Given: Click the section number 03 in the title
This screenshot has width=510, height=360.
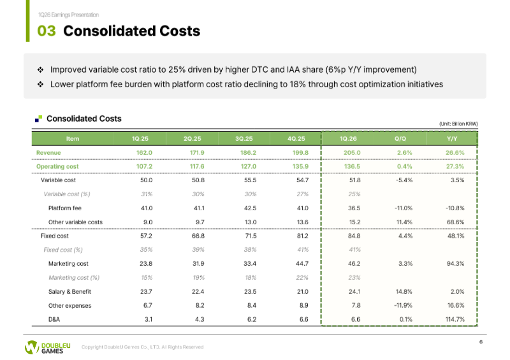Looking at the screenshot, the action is tap(46, 31).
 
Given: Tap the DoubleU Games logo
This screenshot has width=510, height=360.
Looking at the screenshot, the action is tap(47, 347).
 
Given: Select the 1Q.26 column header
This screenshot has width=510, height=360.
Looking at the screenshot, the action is tap(348, 138).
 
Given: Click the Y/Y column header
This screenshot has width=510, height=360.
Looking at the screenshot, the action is tap(452, 138).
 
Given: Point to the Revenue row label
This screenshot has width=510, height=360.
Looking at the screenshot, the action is tap(48, 152).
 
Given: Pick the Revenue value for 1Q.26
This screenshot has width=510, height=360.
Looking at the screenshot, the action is tap(352, 152).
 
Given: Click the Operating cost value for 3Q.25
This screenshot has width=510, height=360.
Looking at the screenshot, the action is tap(249, 166).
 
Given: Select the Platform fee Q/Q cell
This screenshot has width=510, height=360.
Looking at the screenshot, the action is tap(404, 208).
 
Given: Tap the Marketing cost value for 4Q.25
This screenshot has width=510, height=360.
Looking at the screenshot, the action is tap(302, 263).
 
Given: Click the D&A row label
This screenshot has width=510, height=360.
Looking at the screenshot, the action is tap(54, 319).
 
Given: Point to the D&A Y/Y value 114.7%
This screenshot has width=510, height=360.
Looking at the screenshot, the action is tap(455, 319).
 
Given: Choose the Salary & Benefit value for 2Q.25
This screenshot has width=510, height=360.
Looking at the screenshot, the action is tap(198, 291).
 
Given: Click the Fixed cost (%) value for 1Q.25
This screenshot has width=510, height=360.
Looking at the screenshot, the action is tap(147, 250).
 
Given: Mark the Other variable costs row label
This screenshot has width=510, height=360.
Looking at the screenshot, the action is tap(75, 222).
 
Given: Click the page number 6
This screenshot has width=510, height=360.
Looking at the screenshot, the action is tap(481, 342).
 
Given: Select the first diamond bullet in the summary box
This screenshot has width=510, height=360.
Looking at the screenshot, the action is tap(40, 69).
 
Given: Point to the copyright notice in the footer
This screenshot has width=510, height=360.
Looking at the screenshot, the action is tap(142, 347).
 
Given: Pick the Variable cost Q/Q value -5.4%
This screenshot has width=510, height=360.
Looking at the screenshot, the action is tap(404, 180).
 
